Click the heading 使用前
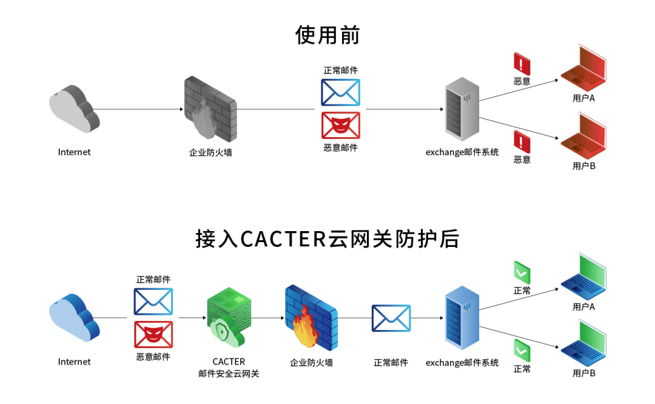[x=327, y=35]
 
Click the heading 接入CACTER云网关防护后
[x=327, y=238]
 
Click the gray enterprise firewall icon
[x=210, y=109]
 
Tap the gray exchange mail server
[x=462, y=109]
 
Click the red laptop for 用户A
[x=583, y=69]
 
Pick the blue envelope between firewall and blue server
[x=391, y=318]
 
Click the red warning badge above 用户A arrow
[x=522, y=63]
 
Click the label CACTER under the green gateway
[x=229, y=362]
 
